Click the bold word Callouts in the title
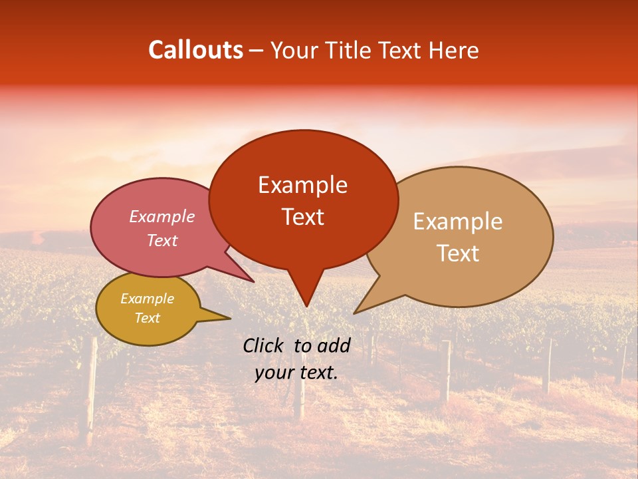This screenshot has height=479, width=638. [x=195, y=50]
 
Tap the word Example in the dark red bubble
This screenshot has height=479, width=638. [x=302, y=185]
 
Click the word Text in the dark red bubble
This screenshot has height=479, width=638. [x=302, y=217]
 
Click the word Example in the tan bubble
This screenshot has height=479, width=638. [x=458, y=222]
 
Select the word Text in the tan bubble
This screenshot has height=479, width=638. [x=458, y=253]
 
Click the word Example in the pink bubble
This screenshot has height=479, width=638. [x=161, y=217]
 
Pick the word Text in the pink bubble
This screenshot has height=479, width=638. [x=161, y=241]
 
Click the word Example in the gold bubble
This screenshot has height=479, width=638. [x=147, y=299]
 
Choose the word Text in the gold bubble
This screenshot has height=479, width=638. [x=147, y=318]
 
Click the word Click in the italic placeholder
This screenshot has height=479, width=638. [x=264, y=345]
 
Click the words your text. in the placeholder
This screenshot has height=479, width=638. [x=296, y=373]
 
